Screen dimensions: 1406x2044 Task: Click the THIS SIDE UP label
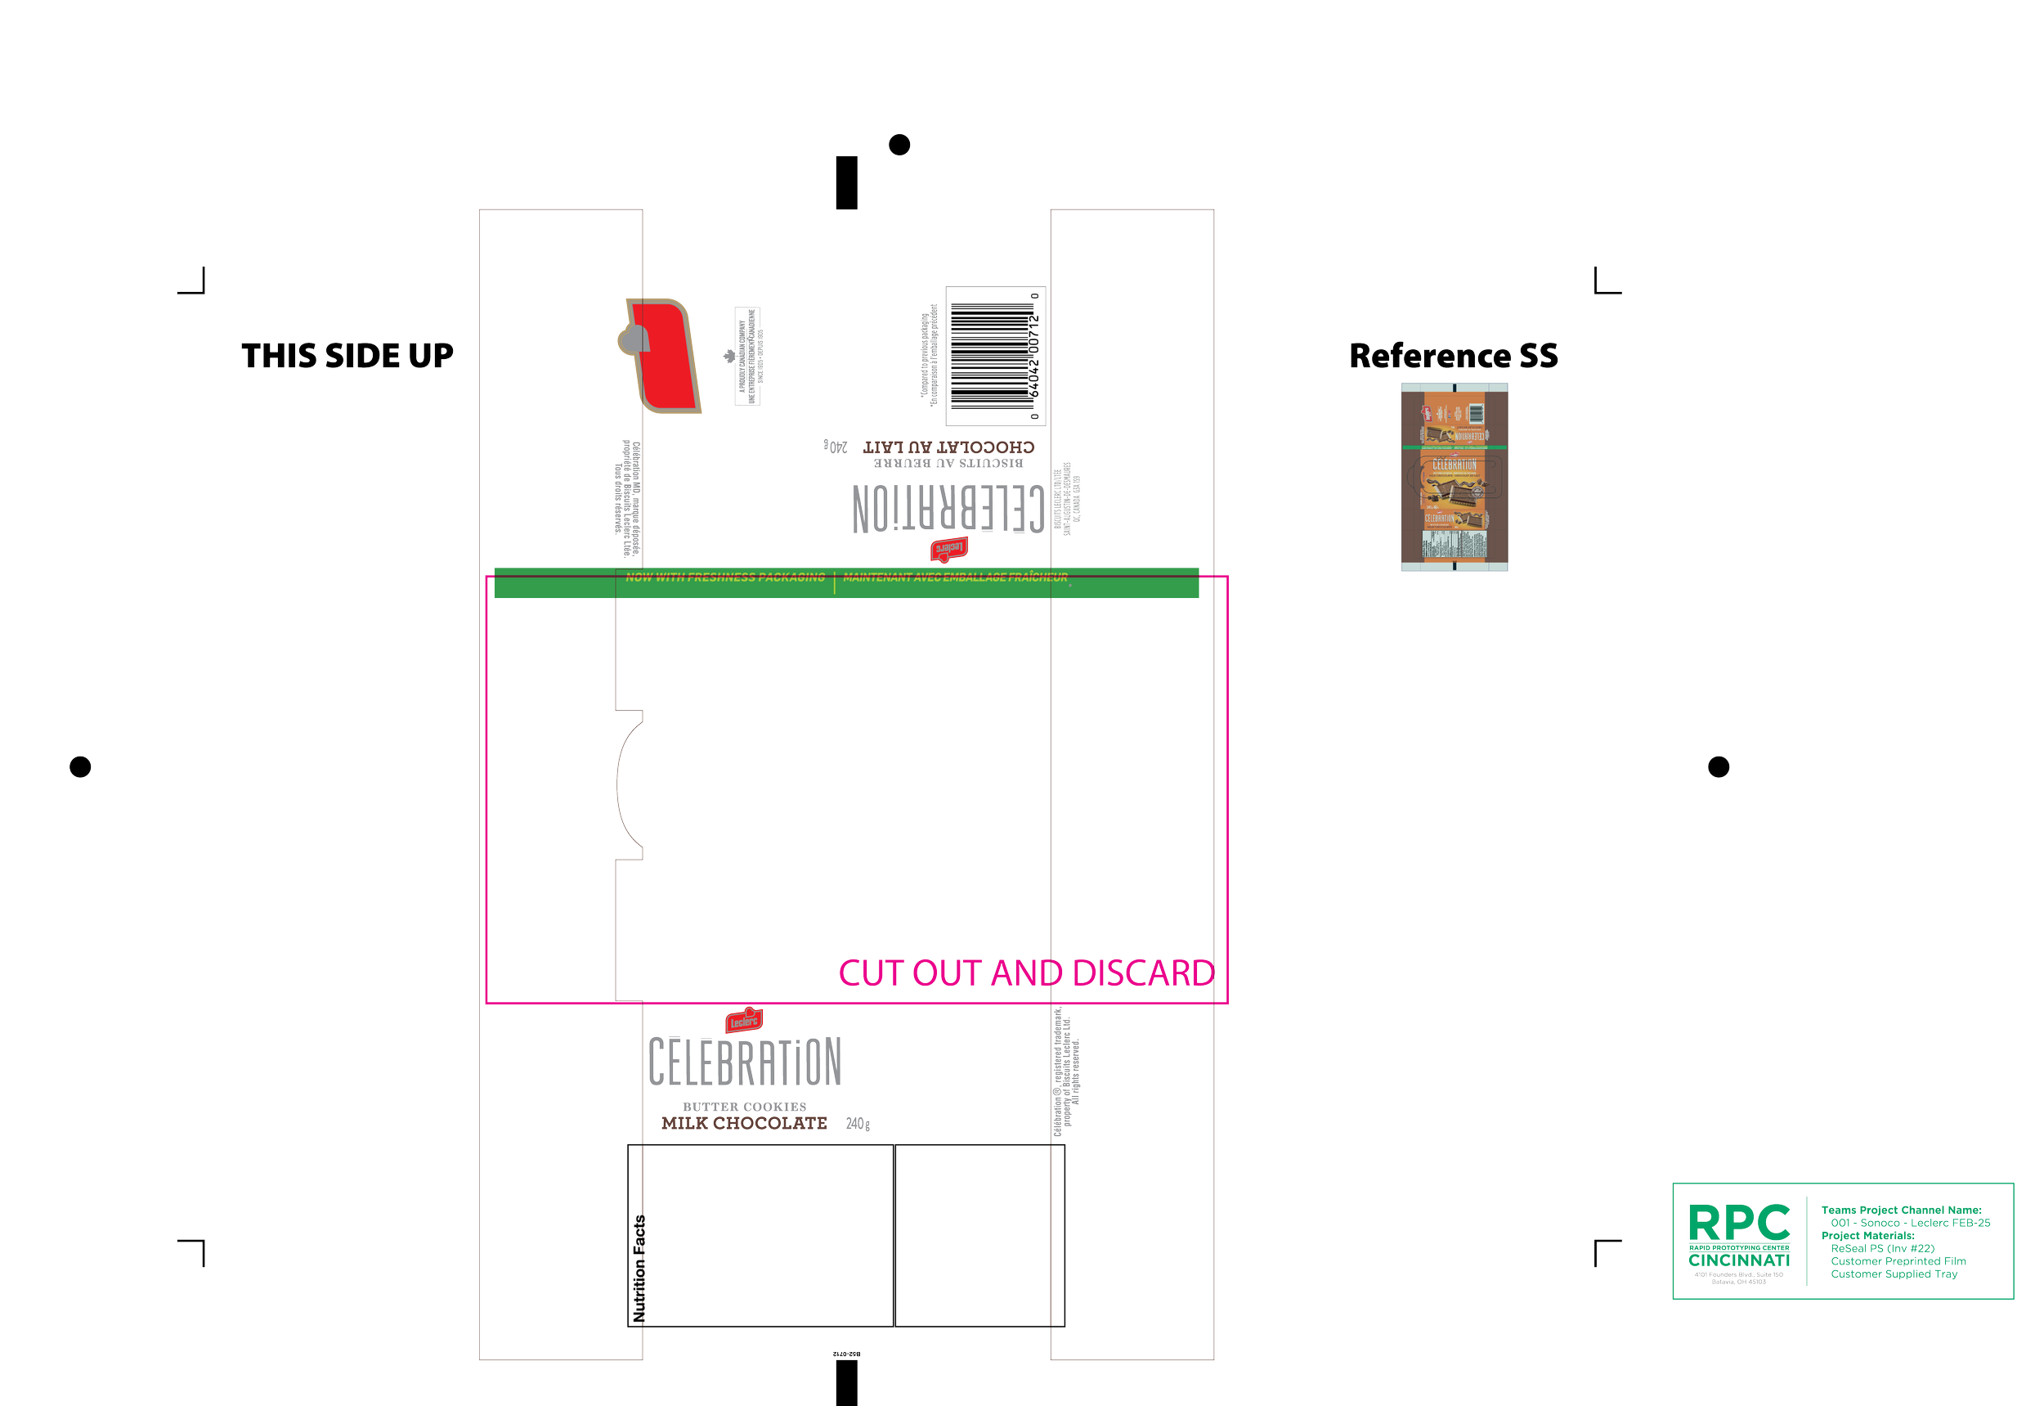click(x=347, y=356)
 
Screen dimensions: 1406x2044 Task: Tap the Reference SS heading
click(x=1453, y=356)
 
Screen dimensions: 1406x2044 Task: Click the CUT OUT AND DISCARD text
click(x=1026, y=974)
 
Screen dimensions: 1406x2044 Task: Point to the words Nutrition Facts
click(x=639, y=1269)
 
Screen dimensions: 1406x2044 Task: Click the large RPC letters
click(x=1738, y=1223)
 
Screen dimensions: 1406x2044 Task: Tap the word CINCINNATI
click(x=1738, y=1260)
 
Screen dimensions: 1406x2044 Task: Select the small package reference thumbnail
click(x=1455, y=477)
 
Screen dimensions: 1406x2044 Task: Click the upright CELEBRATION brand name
click(x=745, y=1062)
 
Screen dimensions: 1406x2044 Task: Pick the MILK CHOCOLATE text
click(x=744, y=1123)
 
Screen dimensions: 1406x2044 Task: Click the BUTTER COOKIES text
click(x=744, y=1107)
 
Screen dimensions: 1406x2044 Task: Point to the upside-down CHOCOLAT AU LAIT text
click(x=948, y=447)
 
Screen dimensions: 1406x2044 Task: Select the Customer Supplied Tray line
click(x=1894, y=1273)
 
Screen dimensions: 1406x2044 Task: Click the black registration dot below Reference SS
click(x=1718, y=766)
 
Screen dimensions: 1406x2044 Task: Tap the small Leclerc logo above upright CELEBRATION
click(x=744, y=1021)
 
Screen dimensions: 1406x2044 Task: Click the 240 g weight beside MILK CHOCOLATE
click(x=858, y=1124)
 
